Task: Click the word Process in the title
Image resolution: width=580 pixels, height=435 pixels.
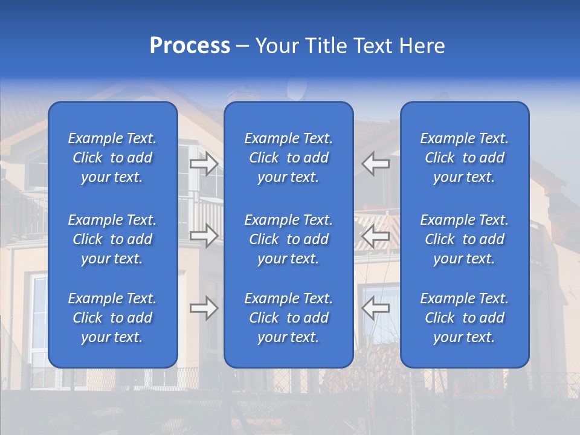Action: tap(190, 46)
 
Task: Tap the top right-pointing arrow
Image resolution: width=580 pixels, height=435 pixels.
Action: tap(204, 164)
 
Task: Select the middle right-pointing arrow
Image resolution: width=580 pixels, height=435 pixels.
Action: tap(204, 236)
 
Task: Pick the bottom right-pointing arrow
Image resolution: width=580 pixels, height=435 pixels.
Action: tap(204, 308)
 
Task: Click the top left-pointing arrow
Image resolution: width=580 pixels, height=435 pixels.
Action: tap(376, 164)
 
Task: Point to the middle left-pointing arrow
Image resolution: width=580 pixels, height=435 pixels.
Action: tap(376, 236)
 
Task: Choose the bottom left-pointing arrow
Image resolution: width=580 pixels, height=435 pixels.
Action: tap(376, 308)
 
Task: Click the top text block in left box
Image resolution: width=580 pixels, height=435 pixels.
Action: tap(112, 158)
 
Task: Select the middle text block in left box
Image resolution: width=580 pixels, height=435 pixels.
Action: tap(112, 239)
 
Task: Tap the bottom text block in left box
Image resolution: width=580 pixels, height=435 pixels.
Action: tap(112, 318)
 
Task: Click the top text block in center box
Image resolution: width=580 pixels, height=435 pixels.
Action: tap(289, 158)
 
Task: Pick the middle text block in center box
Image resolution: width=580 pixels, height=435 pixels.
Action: tap(289, 239)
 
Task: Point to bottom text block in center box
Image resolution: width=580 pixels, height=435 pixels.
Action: tap(289, 318)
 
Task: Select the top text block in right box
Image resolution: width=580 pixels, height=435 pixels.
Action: tap(465, 158)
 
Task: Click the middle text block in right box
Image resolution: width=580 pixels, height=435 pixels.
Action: tap(465, 239)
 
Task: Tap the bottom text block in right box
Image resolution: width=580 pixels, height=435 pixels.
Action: tap(465, 318)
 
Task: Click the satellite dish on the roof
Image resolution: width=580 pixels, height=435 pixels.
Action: tap(295, 91)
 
